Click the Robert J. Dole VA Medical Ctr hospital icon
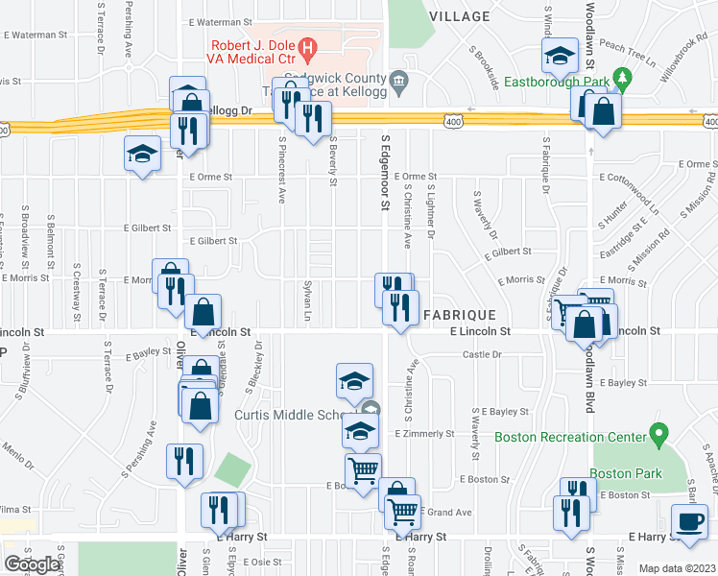click(306, 46)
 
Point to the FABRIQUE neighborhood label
click(460, 315)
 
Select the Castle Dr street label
click(483, 354)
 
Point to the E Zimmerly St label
click(423, 434)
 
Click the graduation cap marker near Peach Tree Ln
click(559, 58)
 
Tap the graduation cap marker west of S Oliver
click(142, 155)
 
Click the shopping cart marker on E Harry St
click(403, 512)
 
